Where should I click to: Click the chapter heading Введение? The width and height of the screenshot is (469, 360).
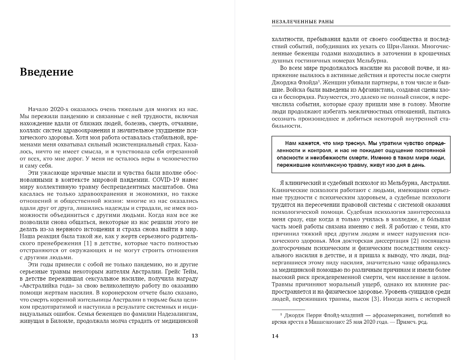point(46,73)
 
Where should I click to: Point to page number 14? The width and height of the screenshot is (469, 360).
point(275,336)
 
